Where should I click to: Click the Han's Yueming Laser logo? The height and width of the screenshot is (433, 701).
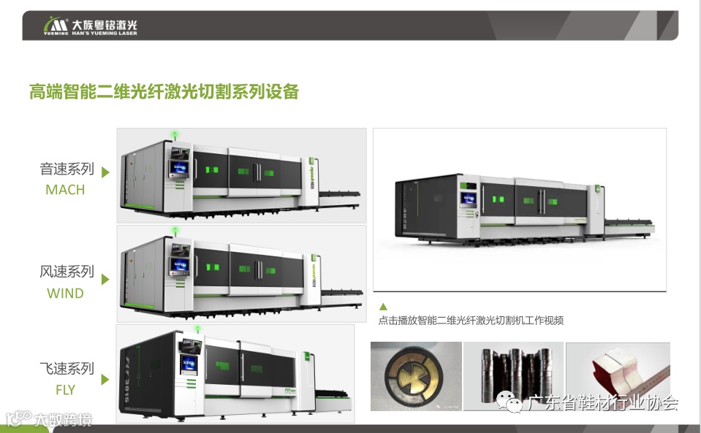tap(91, 27)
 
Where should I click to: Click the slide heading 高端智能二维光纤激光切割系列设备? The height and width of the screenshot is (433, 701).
tap(164, 92)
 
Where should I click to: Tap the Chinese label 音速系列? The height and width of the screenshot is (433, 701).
tap(67, 169)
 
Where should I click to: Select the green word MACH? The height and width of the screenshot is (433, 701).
tap(65, 190)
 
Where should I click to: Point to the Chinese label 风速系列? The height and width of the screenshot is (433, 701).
tap(67, 272)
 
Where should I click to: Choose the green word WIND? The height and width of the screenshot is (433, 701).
tap(65, 294)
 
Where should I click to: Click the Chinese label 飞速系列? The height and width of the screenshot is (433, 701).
tap(67, 369)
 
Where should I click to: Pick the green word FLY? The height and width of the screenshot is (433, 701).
tap(65, 390)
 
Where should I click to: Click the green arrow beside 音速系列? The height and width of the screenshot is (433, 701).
tap(105, 172)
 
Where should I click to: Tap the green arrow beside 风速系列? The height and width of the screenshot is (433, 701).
tap(105, 279)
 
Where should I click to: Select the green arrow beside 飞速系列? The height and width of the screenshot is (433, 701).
tap(105, 380)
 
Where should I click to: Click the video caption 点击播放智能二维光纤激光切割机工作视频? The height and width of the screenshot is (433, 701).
tap(471, 321)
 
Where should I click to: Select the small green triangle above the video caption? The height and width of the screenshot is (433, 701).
tap(383, 307)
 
